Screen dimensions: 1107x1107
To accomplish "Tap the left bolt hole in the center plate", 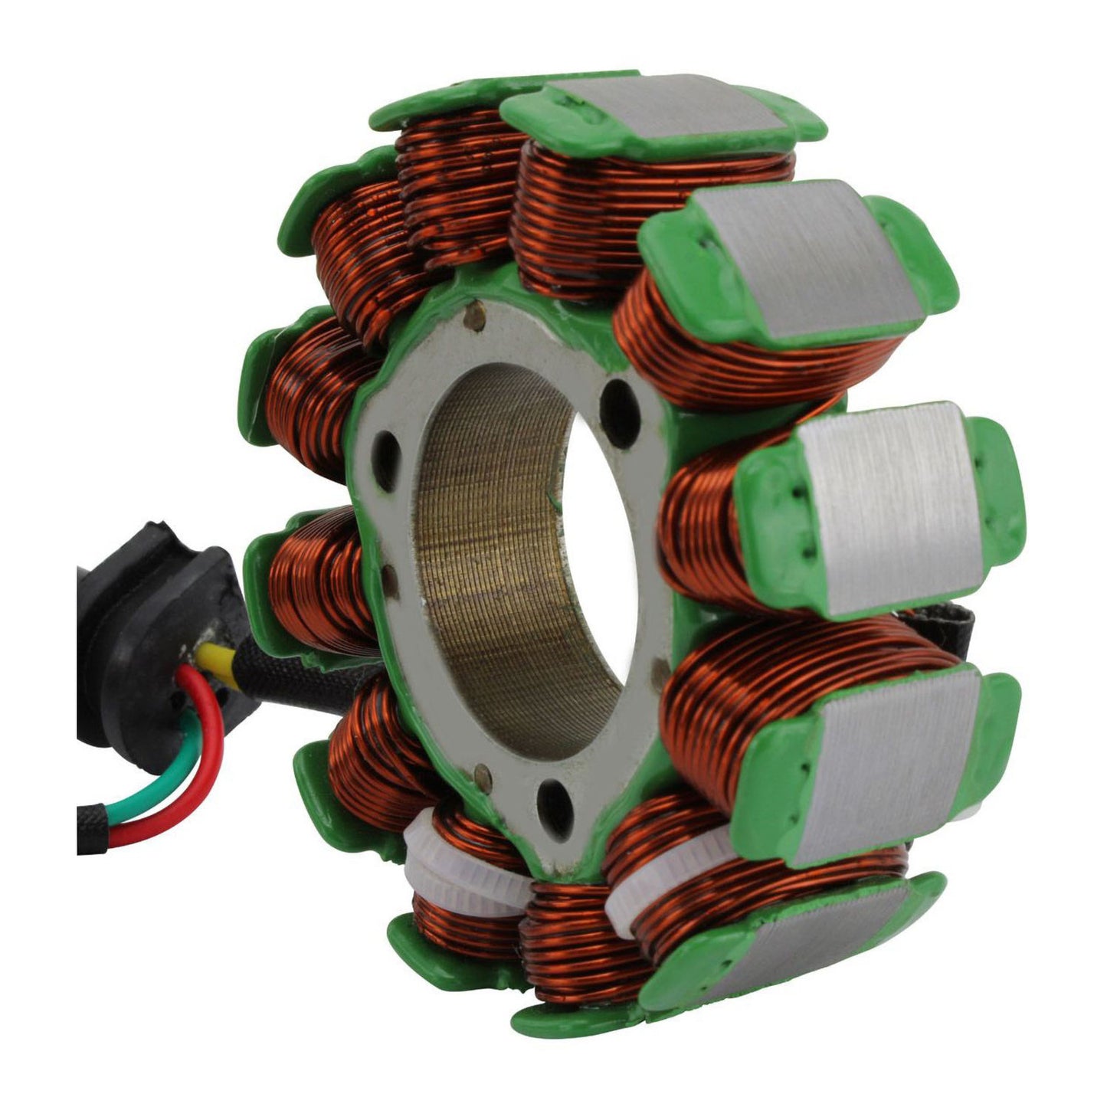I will click(x=387, y=460).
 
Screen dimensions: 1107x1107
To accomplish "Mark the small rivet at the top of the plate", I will click(x=478, y=315).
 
